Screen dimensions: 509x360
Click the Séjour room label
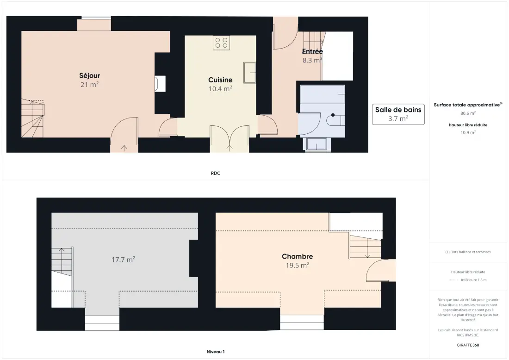point(90,75)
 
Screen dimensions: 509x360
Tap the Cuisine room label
point(220,80)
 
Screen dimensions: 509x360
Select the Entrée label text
point(312,51)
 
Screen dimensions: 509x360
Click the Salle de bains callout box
point(398,114)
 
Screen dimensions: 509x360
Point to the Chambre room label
point(298,256)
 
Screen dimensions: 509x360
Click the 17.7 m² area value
point(124,260)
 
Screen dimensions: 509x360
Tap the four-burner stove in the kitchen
point(221,43)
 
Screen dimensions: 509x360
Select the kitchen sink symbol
point(249,73)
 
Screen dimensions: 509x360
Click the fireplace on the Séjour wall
point(160,84)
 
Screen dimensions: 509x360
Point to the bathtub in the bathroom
point(323,94)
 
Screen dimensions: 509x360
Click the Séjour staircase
point(32,118)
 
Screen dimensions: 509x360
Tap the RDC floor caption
point(216,174)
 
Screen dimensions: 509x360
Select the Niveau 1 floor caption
point(216,352)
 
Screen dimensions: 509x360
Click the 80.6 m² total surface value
point(468,113)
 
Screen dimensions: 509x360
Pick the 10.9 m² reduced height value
point(468,132)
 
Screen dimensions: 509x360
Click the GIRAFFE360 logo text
point(468,345)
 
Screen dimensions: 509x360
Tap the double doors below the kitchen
point(230,138)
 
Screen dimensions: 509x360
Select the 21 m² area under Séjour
point(90,84)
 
